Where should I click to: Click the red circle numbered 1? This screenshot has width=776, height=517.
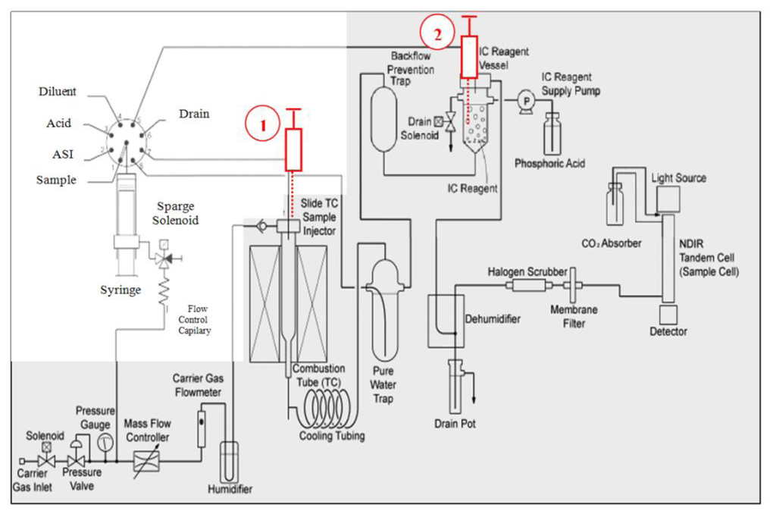point(264,127)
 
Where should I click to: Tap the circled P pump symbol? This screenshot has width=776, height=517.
point(523,99)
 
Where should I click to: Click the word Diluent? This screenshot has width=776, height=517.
point(58,92)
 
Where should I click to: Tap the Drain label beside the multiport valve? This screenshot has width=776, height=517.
point(194,114)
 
